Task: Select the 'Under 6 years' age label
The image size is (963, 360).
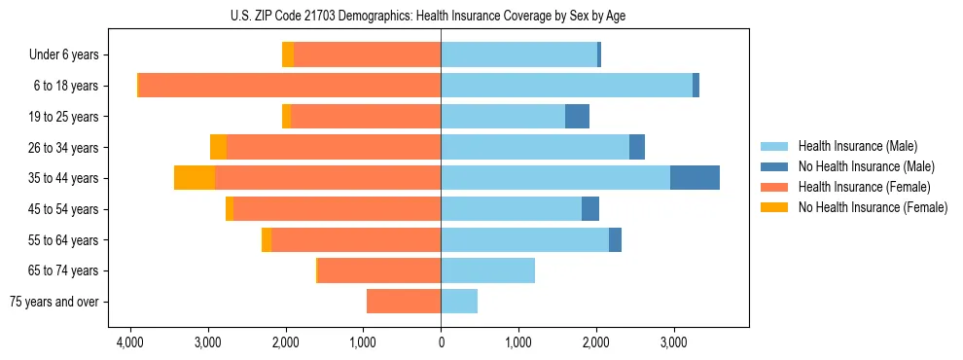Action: (x=63, y=54)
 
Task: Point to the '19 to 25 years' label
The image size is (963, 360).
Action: (x=64, y=117)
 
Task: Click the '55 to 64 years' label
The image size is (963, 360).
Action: (x=64, y=240)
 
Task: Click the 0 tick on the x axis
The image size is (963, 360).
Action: (x=441, y=342)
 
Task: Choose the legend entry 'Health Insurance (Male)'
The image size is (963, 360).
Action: (x=857, y=146)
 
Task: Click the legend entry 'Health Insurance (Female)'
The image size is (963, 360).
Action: (x=864, y=187)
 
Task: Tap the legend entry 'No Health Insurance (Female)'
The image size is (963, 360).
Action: (x=873, y=207)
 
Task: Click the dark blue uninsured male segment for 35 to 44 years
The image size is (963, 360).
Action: (x=695, y=178)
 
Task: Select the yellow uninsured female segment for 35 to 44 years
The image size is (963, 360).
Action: (x=195, y=178)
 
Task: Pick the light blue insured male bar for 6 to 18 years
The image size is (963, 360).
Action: (x=566, y=86)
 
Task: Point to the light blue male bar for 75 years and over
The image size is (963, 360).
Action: (x=459, y=302)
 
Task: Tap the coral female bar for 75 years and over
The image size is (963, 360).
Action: (x=404, y=302)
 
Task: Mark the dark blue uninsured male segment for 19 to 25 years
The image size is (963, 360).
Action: (x=577, y=117)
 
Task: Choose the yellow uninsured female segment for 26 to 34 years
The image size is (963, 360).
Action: (x=218, y=147)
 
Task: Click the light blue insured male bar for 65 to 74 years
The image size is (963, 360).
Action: (x=487, y=270)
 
